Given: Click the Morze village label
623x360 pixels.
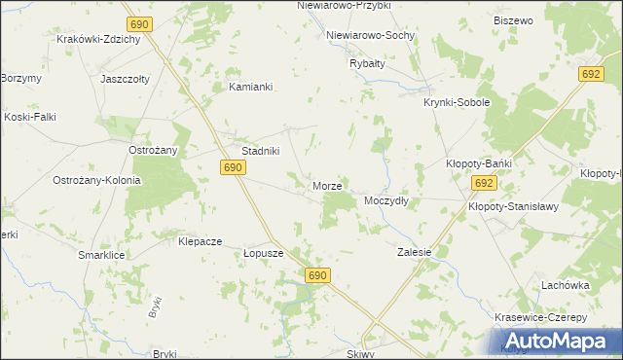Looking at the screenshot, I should [326, 185].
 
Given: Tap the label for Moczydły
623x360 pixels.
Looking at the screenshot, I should [385, 200].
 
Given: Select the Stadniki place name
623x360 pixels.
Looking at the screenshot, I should [261, 151].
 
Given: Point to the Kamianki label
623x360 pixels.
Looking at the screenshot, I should [250, 87].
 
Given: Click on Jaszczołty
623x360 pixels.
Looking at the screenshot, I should [125, 79].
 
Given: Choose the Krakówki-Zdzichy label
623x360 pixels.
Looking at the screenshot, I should [99, 40].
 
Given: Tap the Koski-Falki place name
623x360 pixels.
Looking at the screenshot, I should [28, 117].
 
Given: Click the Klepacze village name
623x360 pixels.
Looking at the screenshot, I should [201, 240].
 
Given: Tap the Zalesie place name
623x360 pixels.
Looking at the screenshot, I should [414, 251].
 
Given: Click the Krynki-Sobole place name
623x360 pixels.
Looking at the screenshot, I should [456, 102].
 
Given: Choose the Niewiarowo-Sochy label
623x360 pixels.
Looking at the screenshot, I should [371, 35].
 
